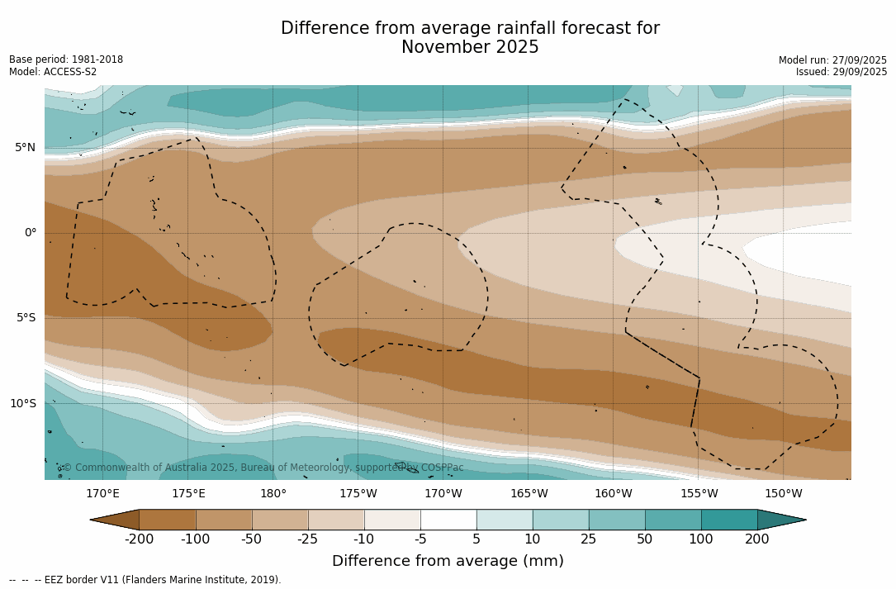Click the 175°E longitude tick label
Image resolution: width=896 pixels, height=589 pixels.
tap(188, 494)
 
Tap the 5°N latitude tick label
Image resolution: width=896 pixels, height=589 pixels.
tap(25, 148)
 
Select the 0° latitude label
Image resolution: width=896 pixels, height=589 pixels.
tap(31, 233)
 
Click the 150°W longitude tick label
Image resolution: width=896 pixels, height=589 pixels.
tap(783, 494)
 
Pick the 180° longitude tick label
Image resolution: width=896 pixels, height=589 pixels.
tap(273, 494)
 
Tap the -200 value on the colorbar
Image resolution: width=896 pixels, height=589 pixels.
tap(139, 539)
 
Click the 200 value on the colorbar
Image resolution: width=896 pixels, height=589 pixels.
tap(757, 539)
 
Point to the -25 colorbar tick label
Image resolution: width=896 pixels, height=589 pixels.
tap(308, 539)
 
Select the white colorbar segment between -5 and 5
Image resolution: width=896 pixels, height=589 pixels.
tap(448, 520)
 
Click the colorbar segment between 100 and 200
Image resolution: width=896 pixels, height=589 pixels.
tap(729, 520)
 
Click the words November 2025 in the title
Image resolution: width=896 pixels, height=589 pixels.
tap(470, 48)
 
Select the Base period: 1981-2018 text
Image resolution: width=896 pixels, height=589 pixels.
tap(66, 59)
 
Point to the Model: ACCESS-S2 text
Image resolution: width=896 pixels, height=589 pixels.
tap(53, 72)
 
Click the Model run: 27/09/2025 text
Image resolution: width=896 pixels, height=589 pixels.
tap(832, 60)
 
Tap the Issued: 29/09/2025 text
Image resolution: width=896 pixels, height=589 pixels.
tap(841, 72)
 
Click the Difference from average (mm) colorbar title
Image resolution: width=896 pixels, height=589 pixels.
tap(448, 562)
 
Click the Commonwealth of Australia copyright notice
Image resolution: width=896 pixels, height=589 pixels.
tap(263, 468)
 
